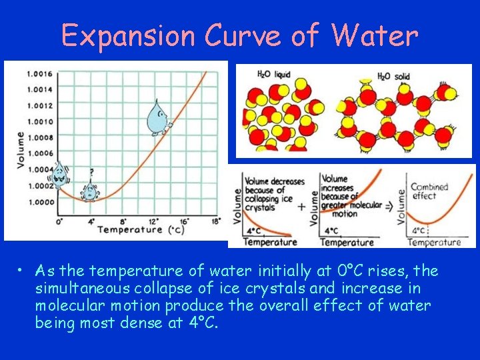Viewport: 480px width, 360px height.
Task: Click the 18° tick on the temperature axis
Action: coord(216,221)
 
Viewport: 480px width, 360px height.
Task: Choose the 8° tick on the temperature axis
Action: coord(122,221)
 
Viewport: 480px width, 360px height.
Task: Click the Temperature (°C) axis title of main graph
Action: coord(141,230)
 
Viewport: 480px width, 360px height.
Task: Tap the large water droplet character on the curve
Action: coord(159,117)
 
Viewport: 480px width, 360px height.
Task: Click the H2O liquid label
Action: coord(273,75)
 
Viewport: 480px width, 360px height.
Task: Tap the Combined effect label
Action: coord(429,191)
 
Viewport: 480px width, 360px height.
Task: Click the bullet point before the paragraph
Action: coord(22,271)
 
